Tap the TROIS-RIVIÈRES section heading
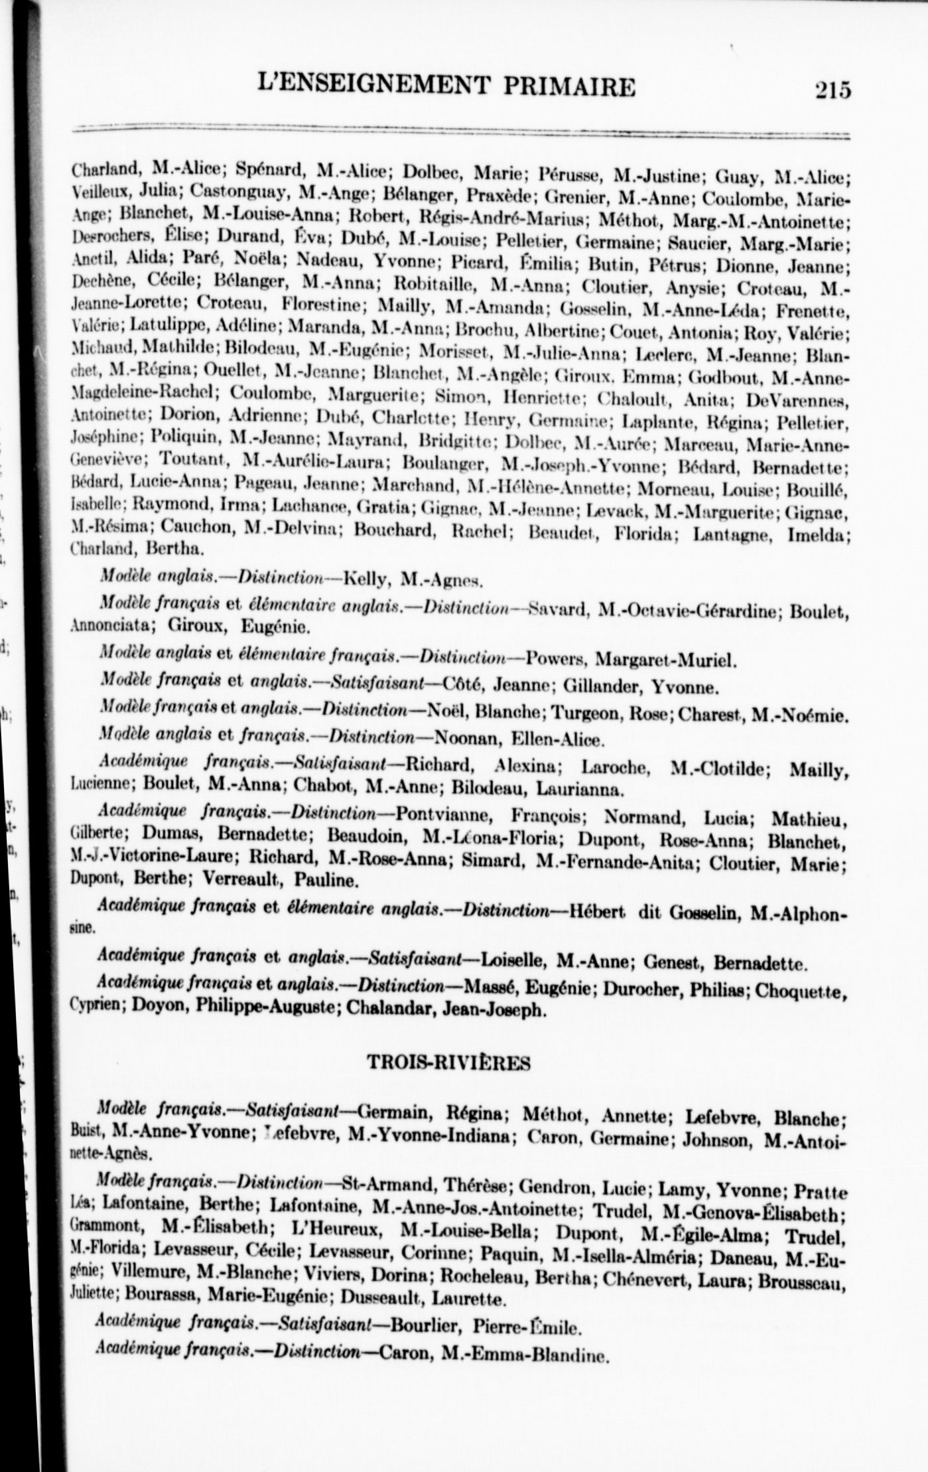449,1063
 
